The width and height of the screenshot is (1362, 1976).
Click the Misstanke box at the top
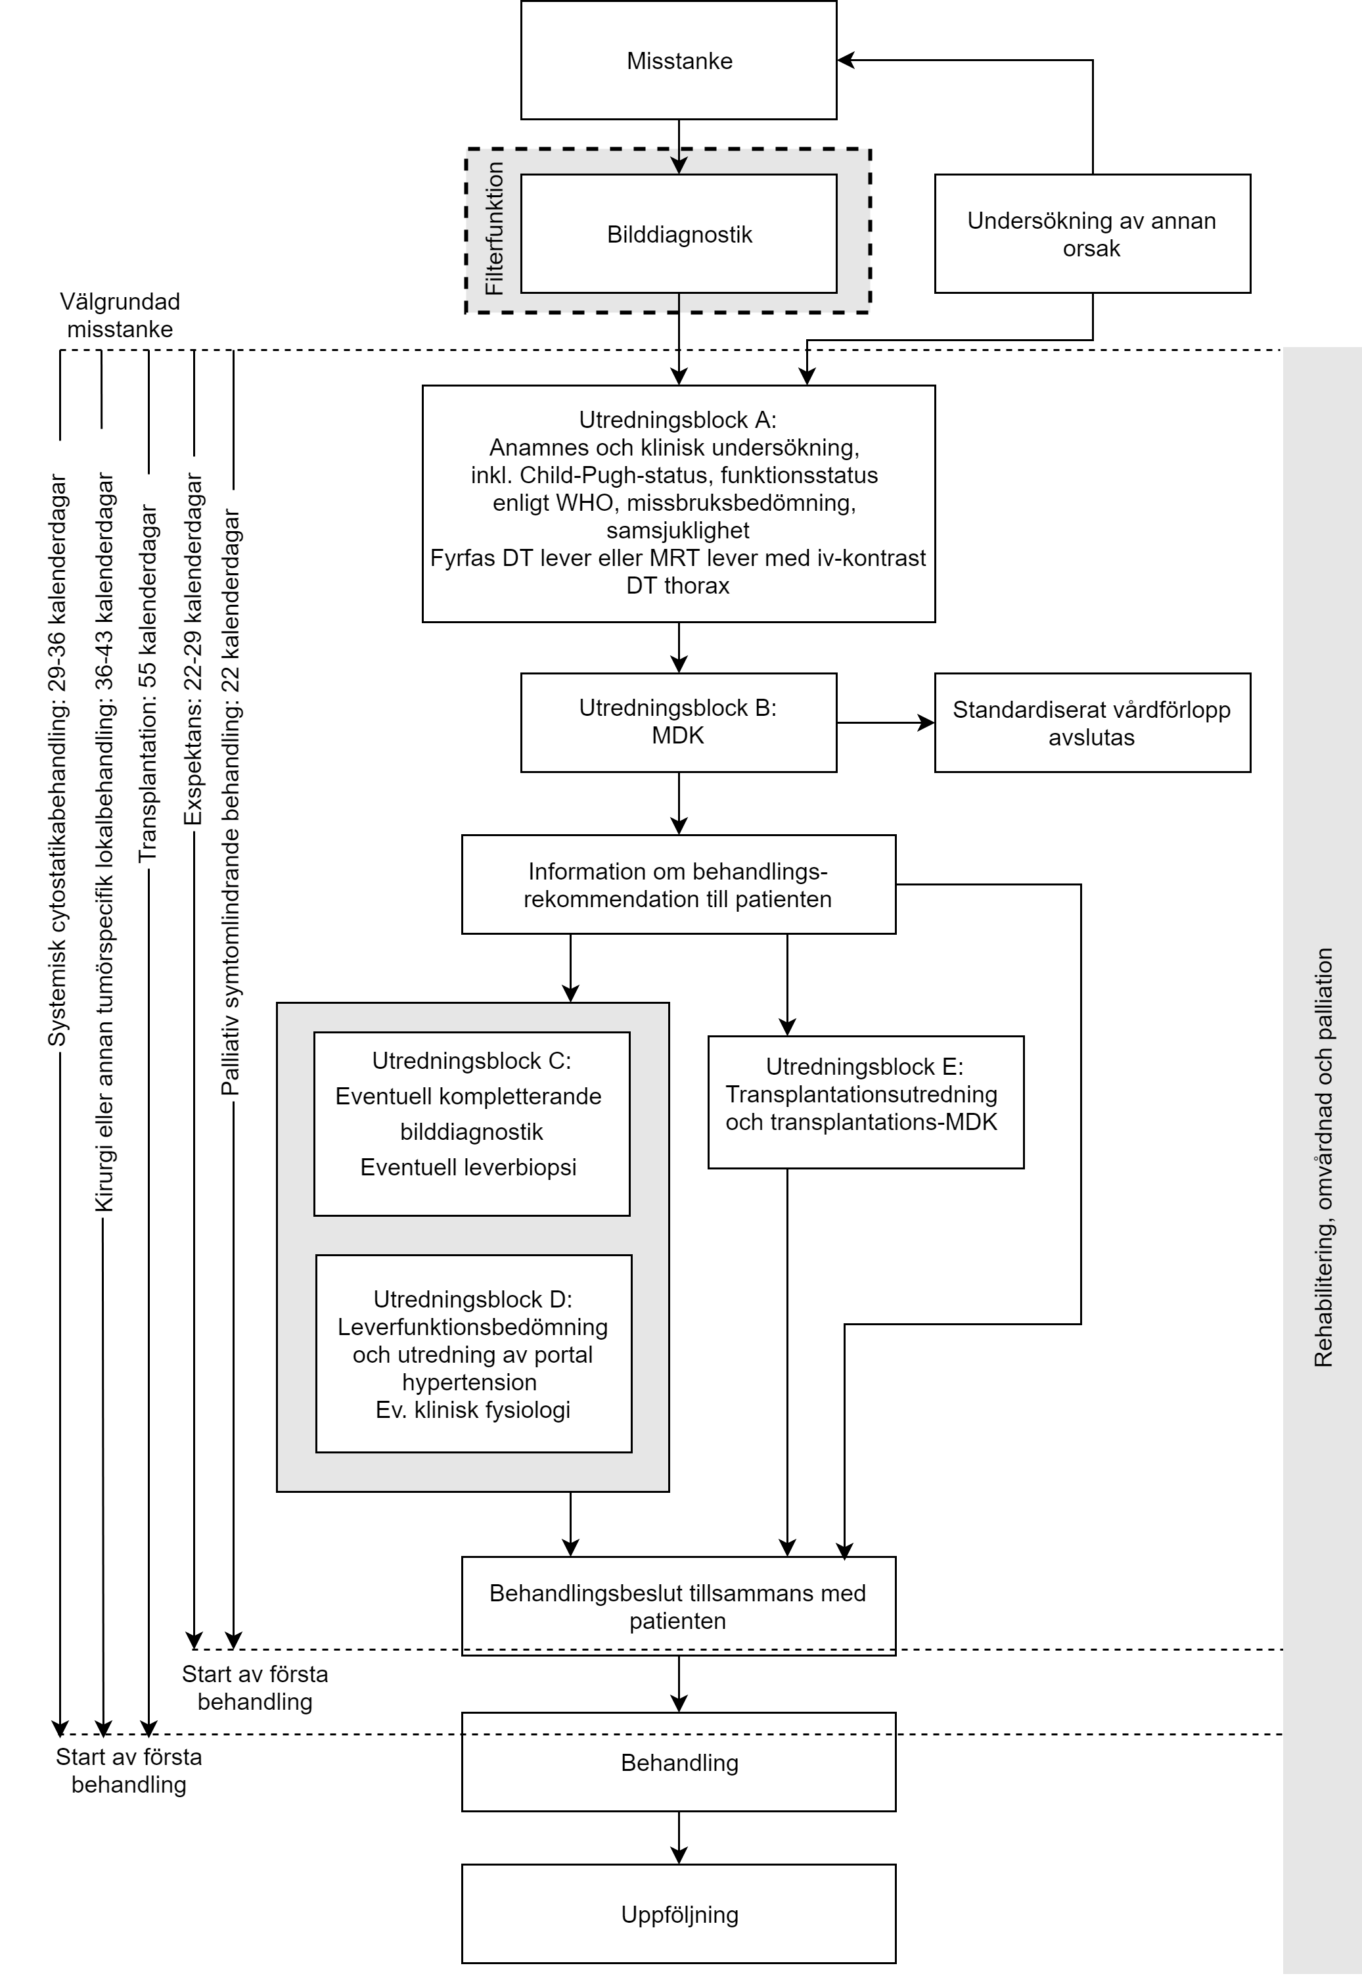[x=679, y=60]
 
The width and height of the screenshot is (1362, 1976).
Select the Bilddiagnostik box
[x=679, y=234]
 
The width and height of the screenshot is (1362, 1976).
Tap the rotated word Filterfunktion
[x=494, y=229]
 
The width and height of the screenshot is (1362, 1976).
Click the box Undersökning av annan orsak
[x=1093, y=234]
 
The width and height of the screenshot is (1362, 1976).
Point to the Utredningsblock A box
[x=679, y=504]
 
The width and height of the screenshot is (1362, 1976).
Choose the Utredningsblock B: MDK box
[x=679, y=722]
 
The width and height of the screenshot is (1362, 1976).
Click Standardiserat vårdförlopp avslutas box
[x=1093, y=722]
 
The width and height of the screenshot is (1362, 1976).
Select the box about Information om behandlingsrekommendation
[x=679, y=884]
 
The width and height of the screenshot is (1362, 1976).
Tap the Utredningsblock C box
[x=472, y=1123]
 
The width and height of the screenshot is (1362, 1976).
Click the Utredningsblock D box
[x=474, y=1353]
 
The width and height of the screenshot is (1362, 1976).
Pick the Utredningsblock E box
[x=865, y=1102]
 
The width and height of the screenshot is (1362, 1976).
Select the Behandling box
[x=679, y=1762]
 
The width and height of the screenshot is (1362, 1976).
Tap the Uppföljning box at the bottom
[x=679, y=1914]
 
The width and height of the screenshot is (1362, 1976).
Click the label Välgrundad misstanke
[x=120, y=315]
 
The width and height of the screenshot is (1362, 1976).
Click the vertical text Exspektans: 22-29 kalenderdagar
[x=194, y=649]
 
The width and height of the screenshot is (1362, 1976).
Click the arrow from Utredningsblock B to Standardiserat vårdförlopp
[x=886, y=722]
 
